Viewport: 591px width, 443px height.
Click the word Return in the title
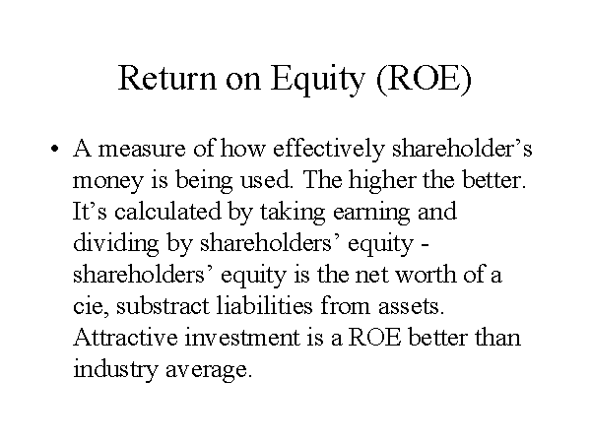[167, 78]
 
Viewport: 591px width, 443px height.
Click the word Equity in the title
[318, 81]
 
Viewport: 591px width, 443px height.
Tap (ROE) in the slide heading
[424, 79]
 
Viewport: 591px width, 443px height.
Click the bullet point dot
[54, 149]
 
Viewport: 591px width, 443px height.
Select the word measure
[142, 149]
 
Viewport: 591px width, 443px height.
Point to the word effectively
[328, 148]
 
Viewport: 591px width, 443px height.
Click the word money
[107, 182]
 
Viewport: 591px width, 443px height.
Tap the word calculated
[167, 211]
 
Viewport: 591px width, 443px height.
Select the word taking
[293, 213]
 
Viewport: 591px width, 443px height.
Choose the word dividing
[115, 244]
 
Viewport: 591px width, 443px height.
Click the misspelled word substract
[163, 305]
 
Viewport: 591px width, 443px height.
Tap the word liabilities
[265, 305]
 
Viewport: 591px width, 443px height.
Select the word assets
[411, 307]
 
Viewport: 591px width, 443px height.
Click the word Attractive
[125, 337]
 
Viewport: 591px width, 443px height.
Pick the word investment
[241, 337]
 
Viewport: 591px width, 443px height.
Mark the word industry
[115, 369]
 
